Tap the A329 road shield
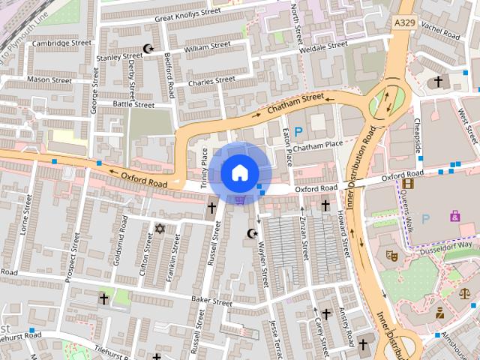coord(404,25)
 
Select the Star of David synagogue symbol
coord(159,228)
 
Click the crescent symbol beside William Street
coord(148,49)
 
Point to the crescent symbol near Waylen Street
coord(252,233)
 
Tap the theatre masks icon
coord(391,255)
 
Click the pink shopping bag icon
coord(454,216)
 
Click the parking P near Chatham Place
coord(298,132)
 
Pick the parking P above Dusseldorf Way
coord(426,219)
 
